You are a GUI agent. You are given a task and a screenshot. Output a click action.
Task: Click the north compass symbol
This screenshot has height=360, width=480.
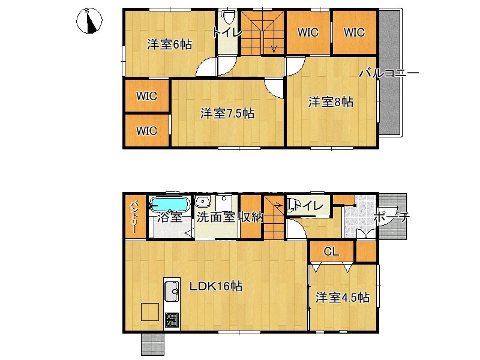(x=89, y=20)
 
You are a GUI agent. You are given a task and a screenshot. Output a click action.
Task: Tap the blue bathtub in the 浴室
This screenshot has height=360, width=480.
(x=169, y=203)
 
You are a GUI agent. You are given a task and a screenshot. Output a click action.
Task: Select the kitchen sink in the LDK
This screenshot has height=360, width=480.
(x=172, y=291)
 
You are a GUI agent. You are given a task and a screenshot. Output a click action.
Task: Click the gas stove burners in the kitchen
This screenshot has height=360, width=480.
(x=172, y=320)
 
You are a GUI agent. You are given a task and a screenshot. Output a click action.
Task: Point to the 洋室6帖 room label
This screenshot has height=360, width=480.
(x=169, y=44)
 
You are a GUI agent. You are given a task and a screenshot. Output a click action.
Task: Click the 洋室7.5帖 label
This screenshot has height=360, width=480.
(x=227, y=113)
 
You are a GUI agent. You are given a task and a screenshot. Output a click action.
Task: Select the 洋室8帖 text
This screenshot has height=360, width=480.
(x=331, y=102)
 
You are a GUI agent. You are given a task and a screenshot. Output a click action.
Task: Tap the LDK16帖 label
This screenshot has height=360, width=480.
(x=216, y=287)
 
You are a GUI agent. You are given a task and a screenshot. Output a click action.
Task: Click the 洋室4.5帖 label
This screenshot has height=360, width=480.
(x=343, y=298)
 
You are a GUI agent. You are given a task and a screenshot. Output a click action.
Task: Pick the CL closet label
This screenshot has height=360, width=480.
(x=331, y=251)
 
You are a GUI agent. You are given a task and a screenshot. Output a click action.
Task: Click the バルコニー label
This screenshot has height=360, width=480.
(x=389, y=73)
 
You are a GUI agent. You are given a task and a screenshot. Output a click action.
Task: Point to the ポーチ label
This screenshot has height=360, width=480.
(x=392, y=217)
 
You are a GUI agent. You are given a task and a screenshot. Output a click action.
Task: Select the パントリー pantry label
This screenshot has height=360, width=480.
(x=134, y=217)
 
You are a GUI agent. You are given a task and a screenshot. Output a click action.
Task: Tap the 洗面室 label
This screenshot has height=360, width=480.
(x=215, y=217)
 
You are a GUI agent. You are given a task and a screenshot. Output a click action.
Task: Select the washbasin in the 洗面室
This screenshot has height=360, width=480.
(x=202, y=202)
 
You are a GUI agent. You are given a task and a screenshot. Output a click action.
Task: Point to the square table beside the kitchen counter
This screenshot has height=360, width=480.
(x=150, y=312)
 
